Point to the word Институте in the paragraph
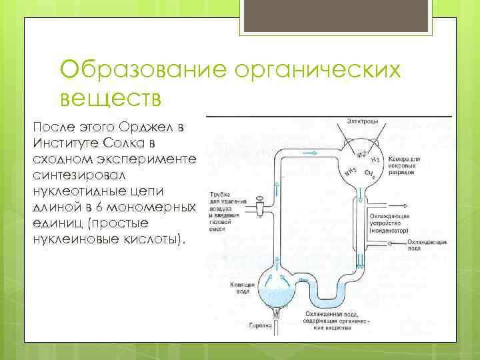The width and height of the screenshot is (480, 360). (66, 143)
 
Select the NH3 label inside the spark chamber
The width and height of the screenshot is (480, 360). (347, 174)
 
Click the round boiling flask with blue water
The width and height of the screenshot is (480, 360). (275, 287)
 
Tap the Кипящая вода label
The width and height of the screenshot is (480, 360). (241, 287)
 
